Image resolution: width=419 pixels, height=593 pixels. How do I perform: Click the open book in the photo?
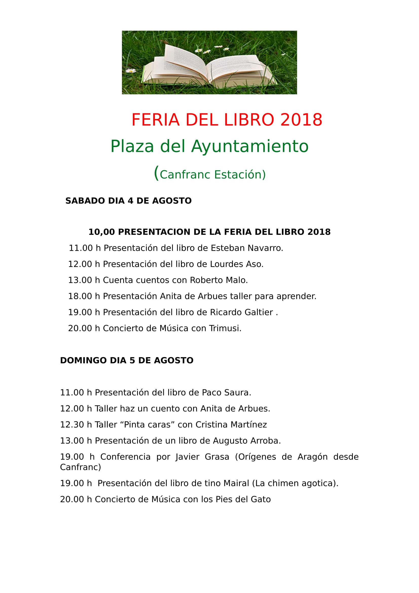[209, 67]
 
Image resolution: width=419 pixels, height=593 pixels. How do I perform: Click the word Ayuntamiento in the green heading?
[250, 147]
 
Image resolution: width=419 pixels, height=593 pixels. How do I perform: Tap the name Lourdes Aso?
[236, 264]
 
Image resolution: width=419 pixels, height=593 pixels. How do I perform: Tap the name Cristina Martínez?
[231, 425]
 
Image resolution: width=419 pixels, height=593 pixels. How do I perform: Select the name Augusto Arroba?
[246, 441]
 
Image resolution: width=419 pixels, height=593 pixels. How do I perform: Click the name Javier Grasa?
[202, 457]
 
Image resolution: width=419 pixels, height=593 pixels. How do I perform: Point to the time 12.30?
[72, 425]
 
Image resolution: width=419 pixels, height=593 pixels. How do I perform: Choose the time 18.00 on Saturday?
[80, 296]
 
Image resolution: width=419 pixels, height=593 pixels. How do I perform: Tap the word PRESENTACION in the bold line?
[154, 232]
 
